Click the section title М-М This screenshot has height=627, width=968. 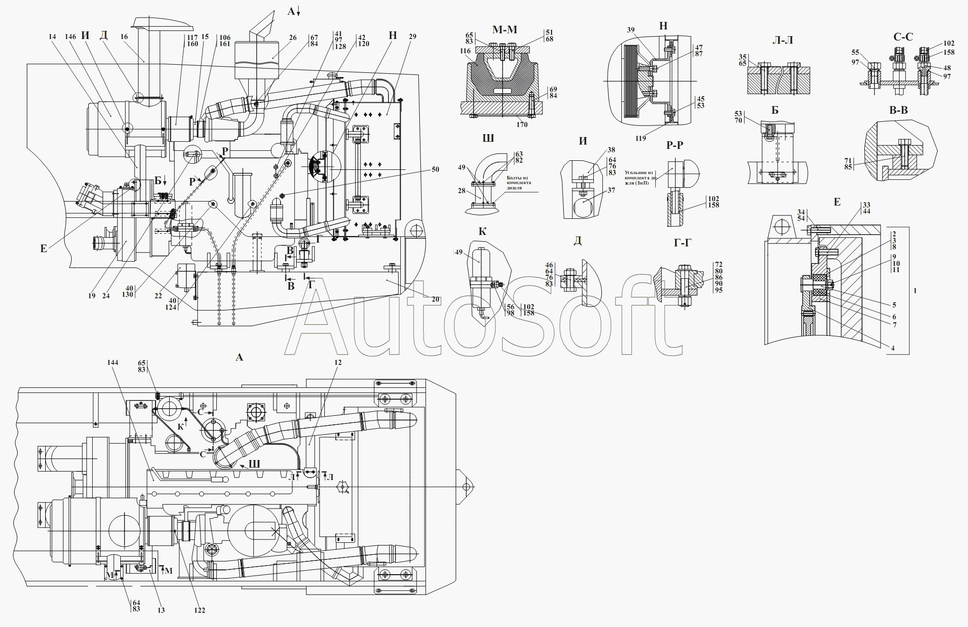[504, 30]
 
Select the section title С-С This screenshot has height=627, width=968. [903, 37]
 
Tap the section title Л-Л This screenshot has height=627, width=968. [783, 40]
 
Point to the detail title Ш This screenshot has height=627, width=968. [488, 138]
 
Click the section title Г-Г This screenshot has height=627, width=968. [682, 243]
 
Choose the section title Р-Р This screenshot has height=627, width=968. [675, 145]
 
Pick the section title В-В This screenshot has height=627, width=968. [898, 110]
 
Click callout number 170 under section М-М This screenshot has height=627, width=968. [522, 125]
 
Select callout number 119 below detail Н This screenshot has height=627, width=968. [640, 138]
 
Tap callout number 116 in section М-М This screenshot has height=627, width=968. [465, 51]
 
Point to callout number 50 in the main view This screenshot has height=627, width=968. [436, 169]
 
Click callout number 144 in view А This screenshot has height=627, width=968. [113, 362]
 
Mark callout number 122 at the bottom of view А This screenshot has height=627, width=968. [200, 610]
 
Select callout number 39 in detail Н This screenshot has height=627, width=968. [631, 29]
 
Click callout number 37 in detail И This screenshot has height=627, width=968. [611, 190]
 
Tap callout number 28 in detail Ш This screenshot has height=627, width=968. [462, 191]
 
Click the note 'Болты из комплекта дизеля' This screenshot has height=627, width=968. [519, 183]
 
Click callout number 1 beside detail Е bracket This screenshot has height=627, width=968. [915, 290]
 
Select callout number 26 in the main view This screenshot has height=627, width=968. [293, 38]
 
